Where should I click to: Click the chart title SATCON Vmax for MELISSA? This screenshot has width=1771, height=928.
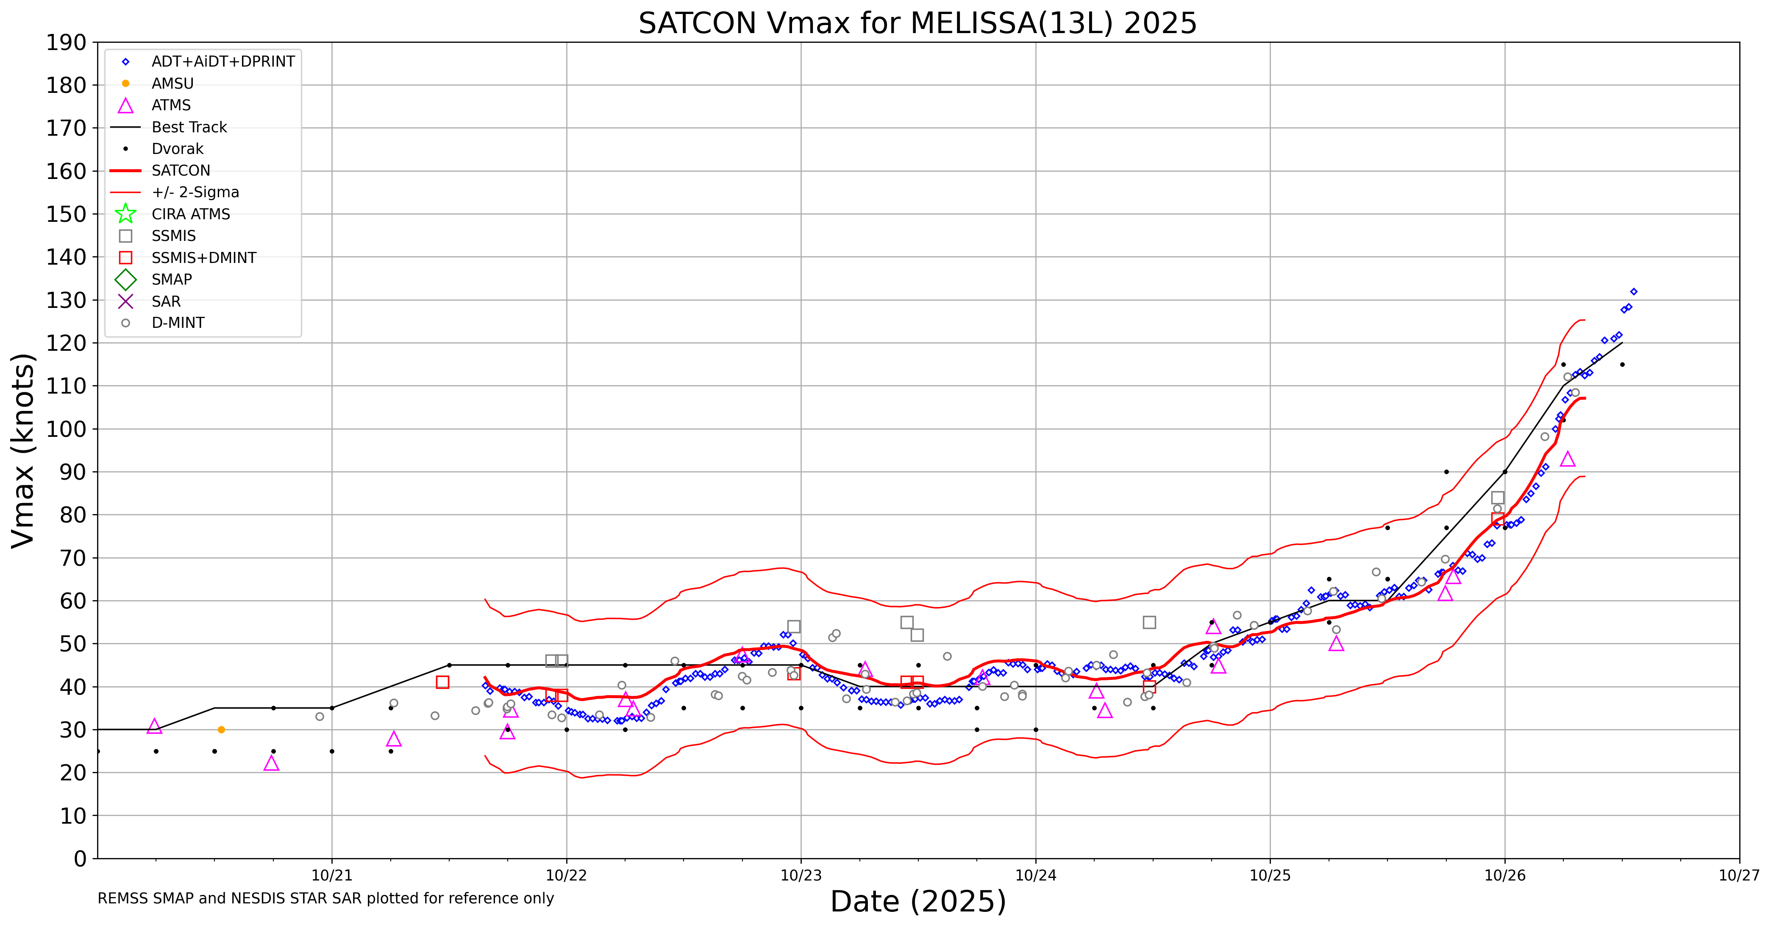(917, 23)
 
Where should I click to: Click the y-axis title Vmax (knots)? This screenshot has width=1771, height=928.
(23, 450)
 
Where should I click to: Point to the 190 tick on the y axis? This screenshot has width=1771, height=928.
(66, 43)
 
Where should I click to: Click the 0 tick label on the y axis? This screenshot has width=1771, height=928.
(81, 858)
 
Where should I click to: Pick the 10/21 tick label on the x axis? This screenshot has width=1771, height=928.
(332, 876)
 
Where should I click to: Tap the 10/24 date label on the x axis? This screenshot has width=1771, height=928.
(1035, 876)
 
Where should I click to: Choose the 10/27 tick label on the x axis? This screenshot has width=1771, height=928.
(1739, 876)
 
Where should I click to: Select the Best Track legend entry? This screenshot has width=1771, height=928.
(189, 127)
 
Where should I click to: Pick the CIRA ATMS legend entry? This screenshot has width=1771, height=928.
(190, 214)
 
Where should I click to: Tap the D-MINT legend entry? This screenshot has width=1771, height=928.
(178, 323)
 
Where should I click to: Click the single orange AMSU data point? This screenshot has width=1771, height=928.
(221, 729)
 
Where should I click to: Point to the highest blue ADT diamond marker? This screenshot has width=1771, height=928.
(1634, 292)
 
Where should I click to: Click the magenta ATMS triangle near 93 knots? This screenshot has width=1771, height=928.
(1568, 459)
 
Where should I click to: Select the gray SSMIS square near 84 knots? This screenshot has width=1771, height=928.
(1497, 498)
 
